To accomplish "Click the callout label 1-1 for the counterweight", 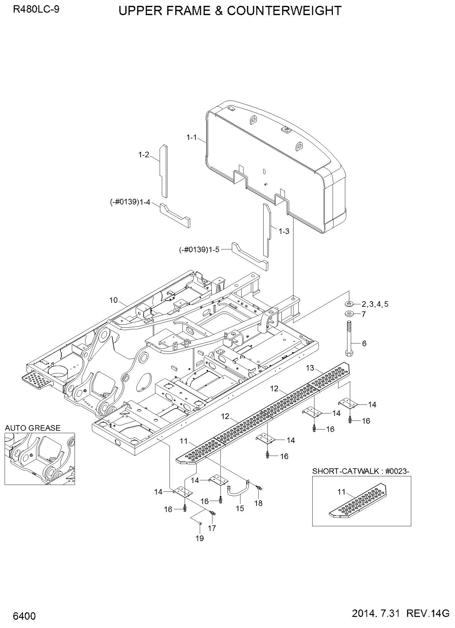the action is click(191, 138).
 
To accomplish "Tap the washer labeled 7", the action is click(349, 314).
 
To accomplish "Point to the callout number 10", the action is click(113, 300).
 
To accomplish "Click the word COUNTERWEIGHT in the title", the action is click(284, 11).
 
